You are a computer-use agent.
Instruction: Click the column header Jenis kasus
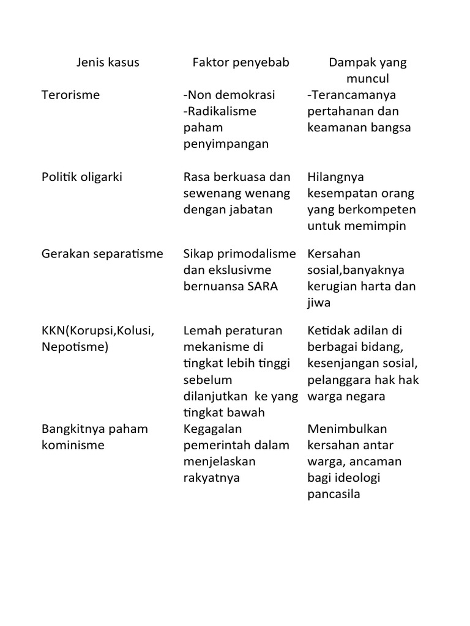click(x=108, y=62)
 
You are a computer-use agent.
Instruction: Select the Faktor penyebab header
click(x=241, y=62)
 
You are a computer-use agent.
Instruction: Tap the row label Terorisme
click(x=70, y=95)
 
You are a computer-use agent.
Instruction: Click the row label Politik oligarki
click(x=82, y=177)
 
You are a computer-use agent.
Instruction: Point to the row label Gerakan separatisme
click(x=102, y=254)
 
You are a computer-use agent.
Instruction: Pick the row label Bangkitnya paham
click(x=95, y=429)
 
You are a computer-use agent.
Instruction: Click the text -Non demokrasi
click(x=229, y=95)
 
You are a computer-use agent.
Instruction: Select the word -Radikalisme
click(x=220, y=111)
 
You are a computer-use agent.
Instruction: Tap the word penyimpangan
click(x=226, y=144)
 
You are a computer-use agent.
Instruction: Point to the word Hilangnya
click(x=336, y=177)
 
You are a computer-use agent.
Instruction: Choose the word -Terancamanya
click(x=352, y=95)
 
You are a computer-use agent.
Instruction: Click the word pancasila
click(x=334, y=494)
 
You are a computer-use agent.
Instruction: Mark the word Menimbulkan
click(x=347, y=429)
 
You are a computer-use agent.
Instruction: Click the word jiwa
click(x=318, y=303)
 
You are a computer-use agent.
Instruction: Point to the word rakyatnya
click(x=212, y=477)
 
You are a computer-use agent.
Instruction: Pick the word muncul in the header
click(x=367, y=79)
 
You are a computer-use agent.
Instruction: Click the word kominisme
click(x=73, y=445)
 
